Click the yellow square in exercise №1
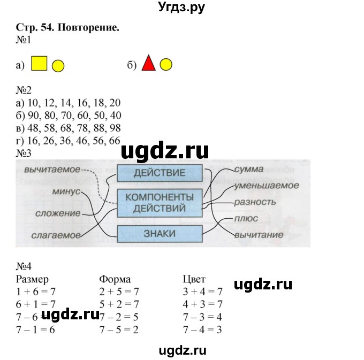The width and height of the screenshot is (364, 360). [x=39, y=64]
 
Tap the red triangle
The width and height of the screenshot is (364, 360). [x=148, y=64]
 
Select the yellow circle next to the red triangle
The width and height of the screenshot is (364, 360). [x=166, y=65]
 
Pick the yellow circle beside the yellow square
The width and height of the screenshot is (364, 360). [x=58, y=66]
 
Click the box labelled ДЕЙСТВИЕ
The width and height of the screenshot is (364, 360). [x=160, y=173]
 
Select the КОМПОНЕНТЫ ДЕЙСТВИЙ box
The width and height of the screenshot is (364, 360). [x=160, y=203]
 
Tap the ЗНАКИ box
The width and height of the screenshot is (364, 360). [x=160, y=233]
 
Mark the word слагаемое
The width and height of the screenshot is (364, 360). [x=56, y=235]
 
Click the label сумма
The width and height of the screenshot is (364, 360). [x=249, y=169]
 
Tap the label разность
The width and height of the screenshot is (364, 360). [x=255, y=202]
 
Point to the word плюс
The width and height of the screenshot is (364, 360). [x=246, y=218]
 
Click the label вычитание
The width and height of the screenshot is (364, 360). [x=259, y=235]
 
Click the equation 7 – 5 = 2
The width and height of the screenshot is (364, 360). [x=119, y=330]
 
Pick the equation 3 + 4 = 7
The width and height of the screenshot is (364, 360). [x=202, y=291]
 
